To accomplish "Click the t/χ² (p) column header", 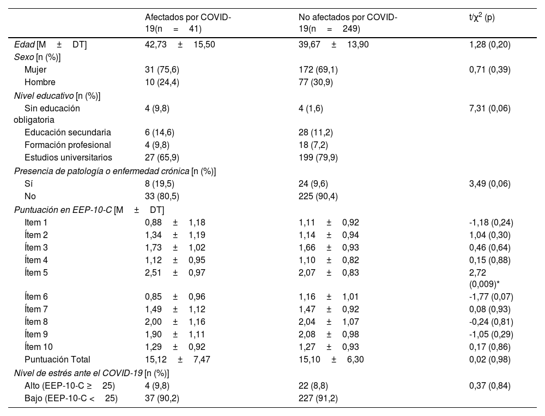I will tap(482, 18).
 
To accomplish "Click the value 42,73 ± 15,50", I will tap(180, 45).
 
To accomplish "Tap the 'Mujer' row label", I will tap(35, 70).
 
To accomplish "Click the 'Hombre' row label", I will tap(39, 82).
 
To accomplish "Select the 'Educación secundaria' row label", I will tap(68, 132).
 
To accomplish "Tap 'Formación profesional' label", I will tap(68, 145).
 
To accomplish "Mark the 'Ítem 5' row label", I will tap(37, 272).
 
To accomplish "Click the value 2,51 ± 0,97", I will tap(175, 272).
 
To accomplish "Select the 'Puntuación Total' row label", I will tap(57, 359).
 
